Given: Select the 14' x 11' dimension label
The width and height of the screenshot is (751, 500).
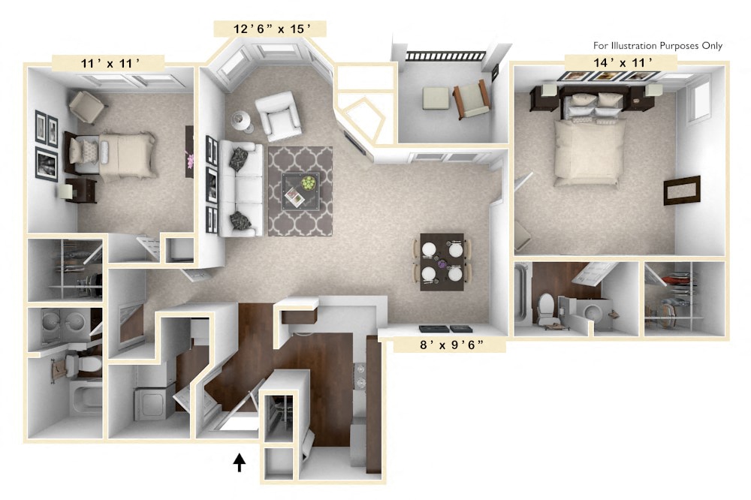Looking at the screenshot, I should click(x=620, y=63).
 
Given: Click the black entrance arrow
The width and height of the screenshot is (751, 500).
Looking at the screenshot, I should click(x=240, y=462).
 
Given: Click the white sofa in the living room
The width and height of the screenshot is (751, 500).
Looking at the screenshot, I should click(x=243, y=188).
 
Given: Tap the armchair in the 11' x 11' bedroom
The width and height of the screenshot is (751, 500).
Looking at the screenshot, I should click(x=88, y=107).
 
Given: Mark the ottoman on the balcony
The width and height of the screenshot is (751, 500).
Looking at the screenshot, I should click(x=435, y=98).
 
